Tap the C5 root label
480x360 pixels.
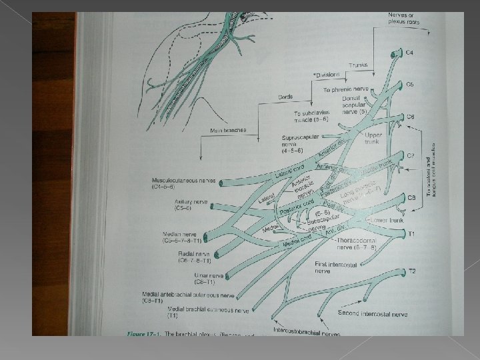(x=411, y=85)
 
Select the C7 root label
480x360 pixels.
(x=411, y=155)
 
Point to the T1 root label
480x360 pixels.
(x=411, y=234)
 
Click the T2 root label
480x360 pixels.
(x=412, y=271)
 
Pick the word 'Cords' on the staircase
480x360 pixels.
(x=286, y=97)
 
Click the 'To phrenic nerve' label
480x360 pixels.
(x=346, y=89)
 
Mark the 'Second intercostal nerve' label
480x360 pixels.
(x=373, y=313)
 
